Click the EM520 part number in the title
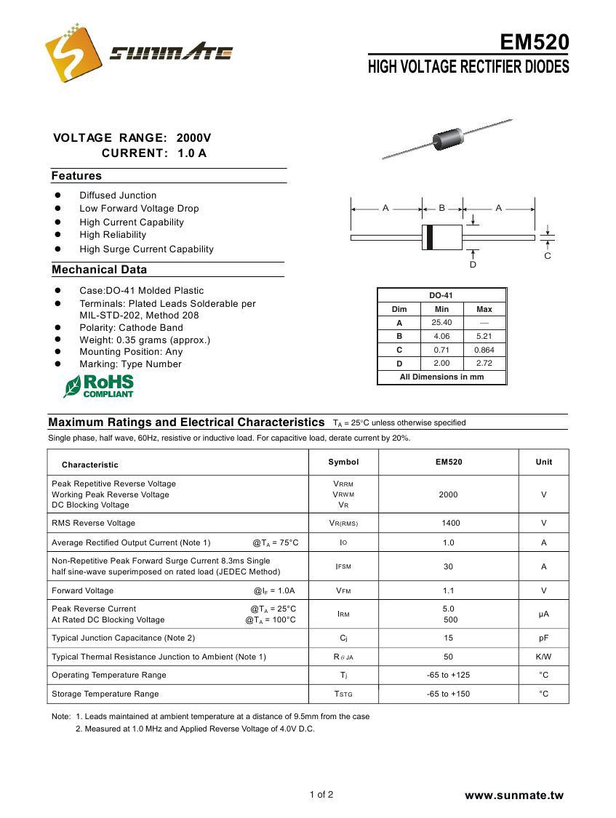(535, 42)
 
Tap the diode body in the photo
(448, 137)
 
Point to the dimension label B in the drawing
(441, 208)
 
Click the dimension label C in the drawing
(548, 255)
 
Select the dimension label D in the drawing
(473, 265)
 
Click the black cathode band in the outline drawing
(430, 237)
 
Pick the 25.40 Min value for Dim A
(441, 323)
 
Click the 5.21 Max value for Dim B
(484, 337)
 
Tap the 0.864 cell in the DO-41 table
(484, 350)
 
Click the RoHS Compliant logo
(99, 386)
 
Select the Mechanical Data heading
(100, 270)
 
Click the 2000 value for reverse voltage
(448, 494)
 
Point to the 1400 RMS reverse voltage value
(448, 523)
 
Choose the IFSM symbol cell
(343, 566)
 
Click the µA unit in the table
(543, 614)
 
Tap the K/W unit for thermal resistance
(543, 657)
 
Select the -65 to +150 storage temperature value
(448, 694)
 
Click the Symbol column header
(343, 462)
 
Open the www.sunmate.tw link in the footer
(514, 795)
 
